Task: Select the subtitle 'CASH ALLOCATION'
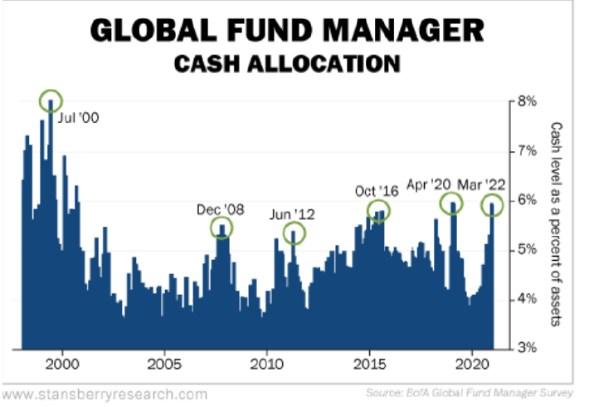(x=287, y=63)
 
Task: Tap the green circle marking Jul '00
(x=51, y=101)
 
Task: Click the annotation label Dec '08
(x=221, y=209)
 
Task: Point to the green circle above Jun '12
(x=294, y=233)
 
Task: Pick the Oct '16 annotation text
(x=377, y=190)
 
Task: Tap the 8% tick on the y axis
(x=528, y=101)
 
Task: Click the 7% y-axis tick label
(x=528, y=151)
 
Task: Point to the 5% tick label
(x=528, y=249)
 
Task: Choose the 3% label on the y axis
(x=528, y=348)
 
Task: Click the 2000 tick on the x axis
(x=62, y=364)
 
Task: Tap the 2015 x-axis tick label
(x=369, y=364)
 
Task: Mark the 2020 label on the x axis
(x=472, y=364)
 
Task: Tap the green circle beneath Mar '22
(x=493, y=204)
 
